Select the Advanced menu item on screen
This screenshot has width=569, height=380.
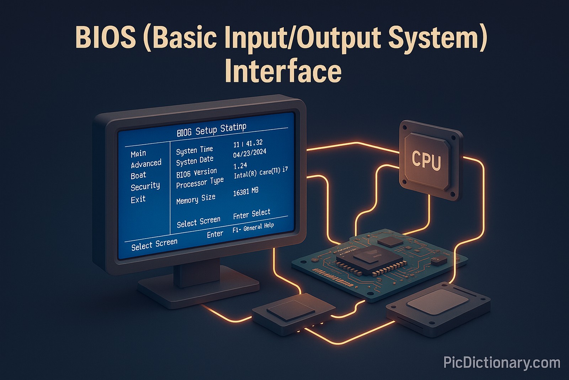(x=146, y=164)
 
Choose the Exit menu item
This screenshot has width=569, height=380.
(x=138, y=199)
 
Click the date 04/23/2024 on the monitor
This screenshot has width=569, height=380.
(x=249, y=153)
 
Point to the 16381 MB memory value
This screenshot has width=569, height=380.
(x=245, y=192)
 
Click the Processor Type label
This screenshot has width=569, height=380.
(x=200, y=183)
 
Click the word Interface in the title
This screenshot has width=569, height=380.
(x=283, y=72)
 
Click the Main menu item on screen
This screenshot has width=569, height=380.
(x=138, y=153)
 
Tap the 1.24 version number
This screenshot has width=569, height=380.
(x=240, y=166)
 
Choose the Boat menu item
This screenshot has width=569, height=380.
(x=138, y=175)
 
